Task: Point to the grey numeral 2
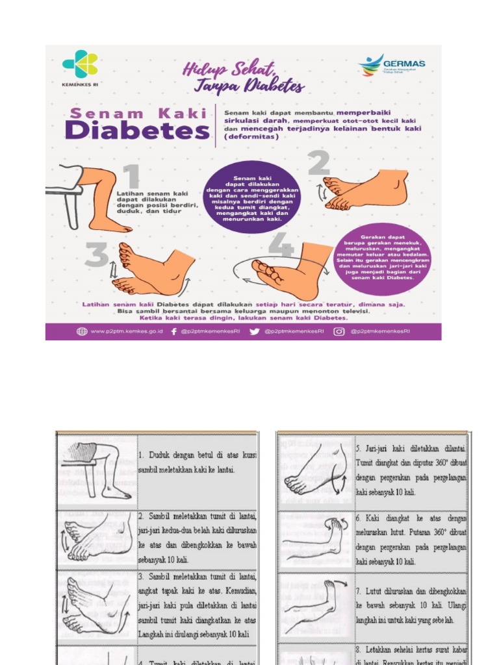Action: (x=319, y=164)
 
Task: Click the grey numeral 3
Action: (x=96, y=255)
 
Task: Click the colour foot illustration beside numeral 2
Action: (x=367, y=189)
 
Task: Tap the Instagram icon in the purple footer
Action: (x=339, y=331)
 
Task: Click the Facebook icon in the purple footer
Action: (x=173, y=331)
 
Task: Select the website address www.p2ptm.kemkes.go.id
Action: (x=126, y=331)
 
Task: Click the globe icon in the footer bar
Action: (x=82, y=331)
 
